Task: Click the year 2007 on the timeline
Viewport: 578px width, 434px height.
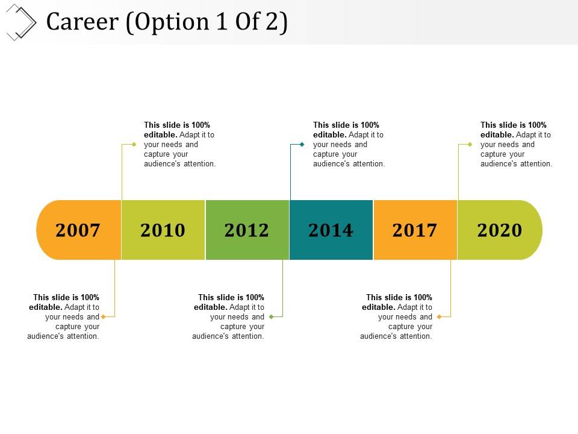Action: click(78, 230)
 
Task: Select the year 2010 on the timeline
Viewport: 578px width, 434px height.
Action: click(163, 230)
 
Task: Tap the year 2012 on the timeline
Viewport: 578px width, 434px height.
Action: click(247, 230)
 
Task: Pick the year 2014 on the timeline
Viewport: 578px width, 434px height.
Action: click(331, 230)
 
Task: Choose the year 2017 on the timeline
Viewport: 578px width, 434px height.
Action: click(415, 230)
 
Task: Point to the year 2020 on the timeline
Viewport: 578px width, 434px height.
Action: click(499, 230)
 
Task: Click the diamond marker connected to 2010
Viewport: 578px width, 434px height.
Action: click(134, 145)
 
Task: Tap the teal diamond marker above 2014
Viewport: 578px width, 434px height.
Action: click(302, 145)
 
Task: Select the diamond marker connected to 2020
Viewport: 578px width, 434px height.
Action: click(470, 145)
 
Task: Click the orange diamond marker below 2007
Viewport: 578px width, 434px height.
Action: click(104, 316)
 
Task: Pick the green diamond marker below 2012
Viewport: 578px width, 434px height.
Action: click(272, 316)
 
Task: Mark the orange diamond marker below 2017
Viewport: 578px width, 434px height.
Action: click(440, 316)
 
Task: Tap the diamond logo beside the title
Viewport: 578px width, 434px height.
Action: click(21, 22)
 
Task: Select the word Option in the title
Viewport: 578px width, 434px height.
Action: click(160, 22)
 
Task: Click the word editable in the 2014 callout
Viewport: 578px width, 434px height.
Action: click(329, 135)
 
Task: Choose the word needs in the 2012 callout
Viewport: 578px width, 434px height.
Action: click(252, 317)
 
